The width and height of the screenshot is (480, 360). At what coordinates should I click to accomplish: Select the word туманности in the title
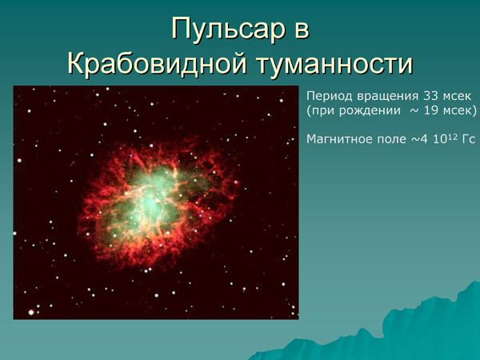335,63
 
